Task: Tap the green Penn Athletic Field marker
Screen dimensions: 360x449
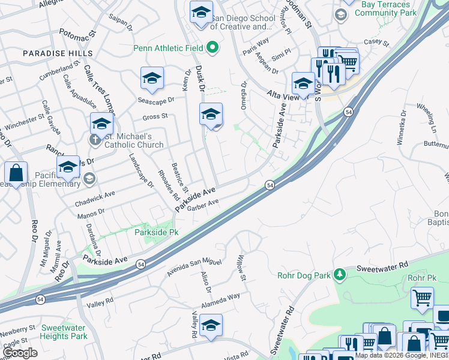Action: [x=212, y=47]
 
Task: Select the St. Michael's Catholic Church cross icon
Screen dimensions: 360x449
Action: [x=95, y=140]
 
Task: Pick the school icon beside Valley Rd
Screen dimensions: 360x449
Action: [x=211, y=325]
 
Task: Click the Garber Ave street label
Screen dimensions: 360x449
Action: [x=203, y=205]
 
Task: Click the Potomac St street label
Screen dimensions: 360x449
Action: [x=78, y=37]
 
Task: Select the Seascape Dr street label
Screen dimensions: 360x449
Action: [x=155, y=100]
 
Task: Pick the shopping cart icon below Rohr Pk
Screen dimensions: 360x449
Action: [x=422, y=298]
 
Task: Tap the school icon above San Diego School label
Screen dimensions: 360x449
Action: [x=200, y=12]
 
